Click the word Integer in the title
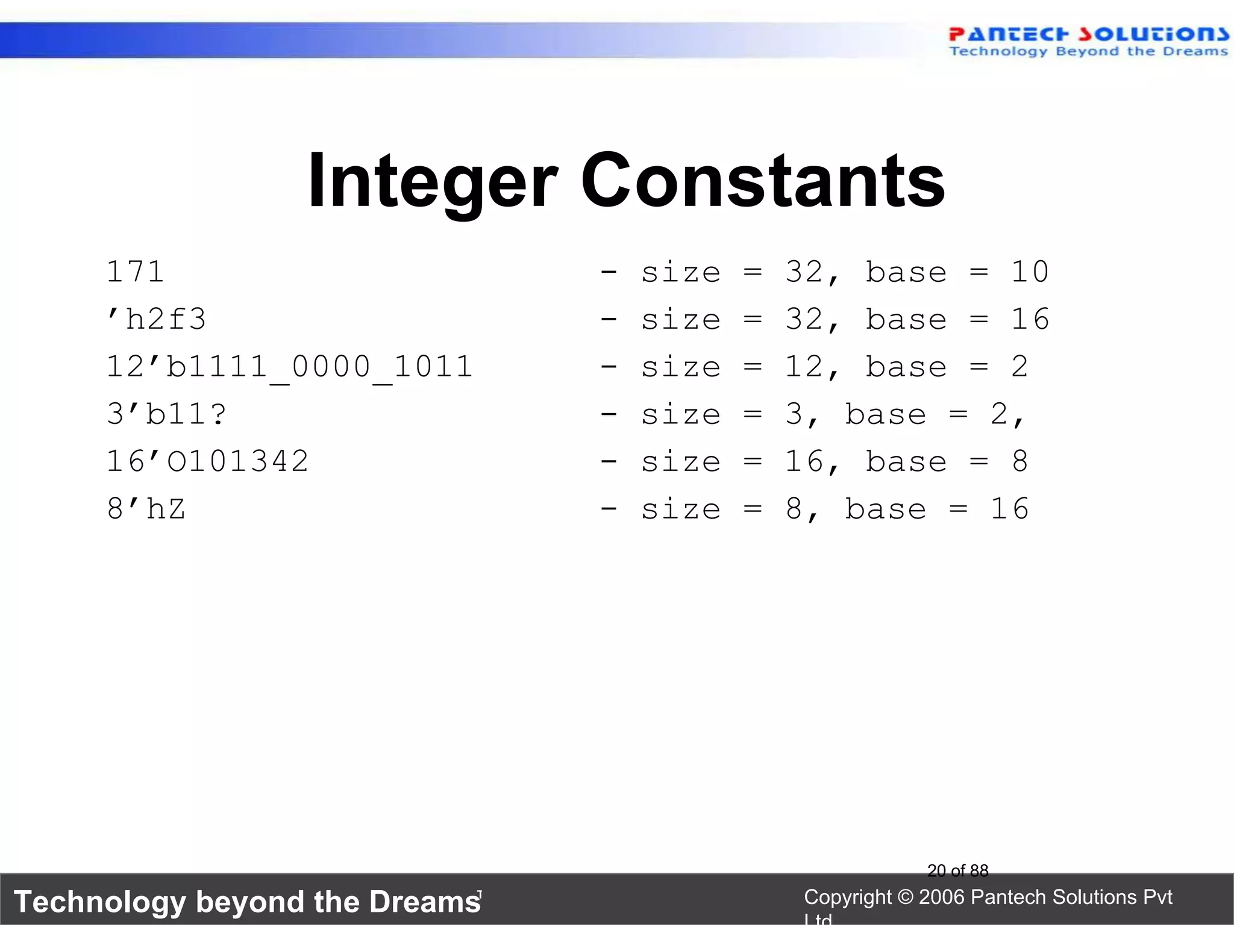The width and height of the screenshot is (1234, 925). pyautogui.click(x=433, y=181)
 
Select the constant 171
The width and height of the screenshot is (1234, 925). pyautogui.click(x=135, y=272)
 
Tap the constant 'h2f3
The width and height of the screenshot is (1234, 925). pyautogui.click(x=156, y=319)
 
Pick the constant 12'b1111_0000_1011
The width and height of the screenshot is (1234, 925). pyautogui.click(x=289, y=367)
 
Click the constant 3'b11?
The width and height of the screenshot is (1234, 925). pyautogui.click(x=167, y=414)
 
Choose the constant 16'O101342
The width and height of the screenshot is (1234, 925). pyautogui.click(x=207, y=462)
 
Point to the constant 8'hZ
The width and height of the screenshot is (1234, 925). pyautogui.click(x=146, y=509)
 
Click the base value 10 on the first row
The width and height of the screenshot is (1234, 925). pyautogui.click(x=1030, y=272)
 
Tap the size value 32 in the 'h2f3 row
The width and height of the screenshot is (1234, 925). pyautogui.click(x=804, y=319)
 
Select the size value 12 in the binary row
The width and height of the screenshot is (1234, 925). pyautogui.click(x=804, y=367)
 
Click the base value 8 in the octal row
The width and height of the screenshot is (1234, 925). pyautogui.click(x=1019, y=462)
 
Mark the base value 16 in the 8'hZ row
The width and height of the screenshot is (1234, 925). pyautogui.click(x=1009, y=509)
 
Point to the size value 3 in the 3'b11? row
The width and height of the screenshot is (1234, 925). pyautogui.click(x=794, y=414)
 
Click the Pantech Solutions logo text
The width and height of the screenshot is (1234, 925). pyautogui.click(x=1088, y=34)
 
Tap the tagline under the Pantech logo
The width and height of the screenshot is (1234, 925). pyautogui.click(x=1088, y=52)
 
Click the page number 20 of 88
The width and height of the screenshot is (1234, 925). pyautogui.click(x=957, y=870)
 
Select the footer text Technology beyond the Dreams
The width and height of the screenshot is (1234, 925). pyautogui.click(x=247, y=902)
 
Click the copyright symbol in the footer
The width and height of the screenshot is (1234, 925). pyautogui.click(x=905, y=897)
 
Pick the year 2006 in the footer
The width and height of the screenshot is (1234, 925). pyautogui.click(x=942, y=897)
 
